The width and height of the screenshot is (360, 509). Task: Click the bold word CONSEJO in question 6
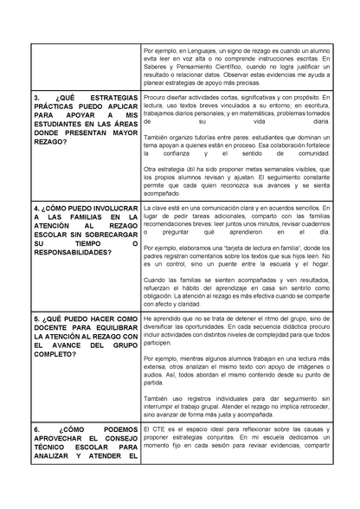click(118, 439)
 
